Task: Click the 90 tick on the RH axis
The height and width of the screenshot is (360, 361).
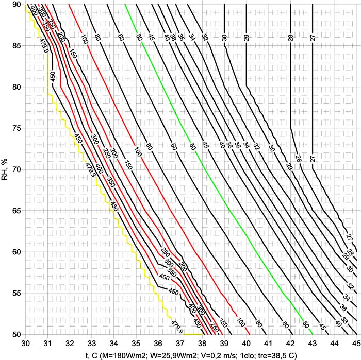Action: tap(18, 5)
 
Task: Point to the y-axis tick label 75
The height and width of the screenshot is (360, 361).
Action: tap(18, 128)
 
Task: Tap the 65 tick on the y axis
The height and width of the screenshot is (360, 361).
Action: tap(18, 211)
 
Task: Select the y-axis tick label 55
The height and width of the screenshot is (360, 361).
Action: tap(18, 293)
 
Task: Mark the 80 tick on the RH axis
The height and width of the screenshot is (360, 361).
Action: tap(18, 87)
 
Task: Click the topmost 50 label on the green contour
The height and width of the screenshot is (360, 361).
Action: tap(138, 38)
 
